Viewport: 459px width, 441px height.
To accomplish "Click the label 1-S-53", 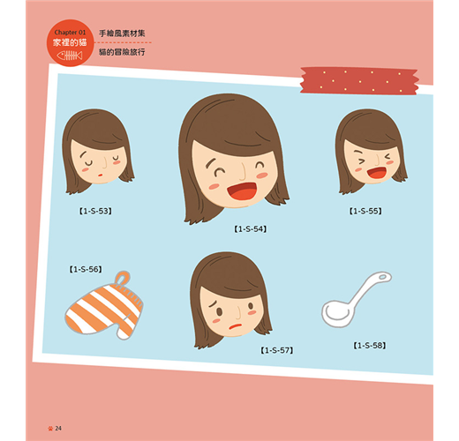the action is pyautogui.click(x=95, y=211).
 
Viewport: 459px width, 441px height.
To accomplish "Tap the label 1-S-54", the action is pyautogui.click(x=251, y=229).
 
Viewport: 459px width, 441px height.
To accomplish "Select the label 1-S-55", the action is pyautogui.click(x=365, y=211).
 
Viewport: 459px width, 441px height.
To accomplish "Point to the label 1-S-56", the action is pyautogui.click(x=86, y=269).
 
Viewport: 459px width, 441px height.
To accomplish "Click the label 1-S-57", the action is pyautogui.click(x=277, y=350).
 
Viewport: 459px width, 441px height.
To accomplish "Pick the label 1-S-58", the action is pyautogui.click(x=370, y=346).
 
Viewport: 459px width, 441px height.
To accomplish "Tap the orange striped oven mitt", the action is pyautogui.click(x=103, y=307).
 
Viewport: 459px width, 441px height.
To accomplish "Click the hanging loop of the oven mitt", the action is pyautogui.click(x=122, y=277).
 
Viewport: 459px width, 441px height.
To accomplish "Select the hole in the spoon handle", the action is pyautogui.click(x=382, y=277).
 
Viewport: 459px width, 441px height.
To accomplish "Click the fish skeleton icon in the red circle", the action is pyautogui.click(x=70, y=56).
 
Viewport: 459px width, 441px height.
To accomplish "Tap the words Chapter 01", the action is pyautogui.click(x=70, y=33).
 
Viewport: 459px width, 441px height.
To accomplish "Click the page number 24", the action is pyautogui.click(x=58, y=429).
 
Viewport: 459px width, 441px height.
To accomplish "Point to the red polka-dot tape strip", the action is pyautogui.click(x=359, y=81).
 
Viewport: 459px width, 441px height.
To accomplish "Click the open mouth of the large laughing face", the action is pyautogui.click(x=243, y=191).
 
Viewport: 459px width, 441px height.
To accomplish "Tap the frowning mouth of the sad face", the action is pyautogui.click(x=236, y=325).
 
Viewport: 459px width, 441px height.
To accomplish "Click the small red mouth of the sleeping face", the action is pyautogui.click(x=100, y=175).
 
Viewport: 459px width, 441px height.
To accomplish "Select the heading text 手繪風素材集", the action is pyautogui.click(x=122, y=34).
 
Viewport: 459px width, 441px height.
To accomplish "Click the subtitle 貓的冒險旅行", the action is pyautogui.click(x=122, y=52).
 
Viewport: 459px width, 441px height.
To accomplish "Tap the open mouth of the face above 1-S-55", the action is pyautogui.click(x=377, y=173).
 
